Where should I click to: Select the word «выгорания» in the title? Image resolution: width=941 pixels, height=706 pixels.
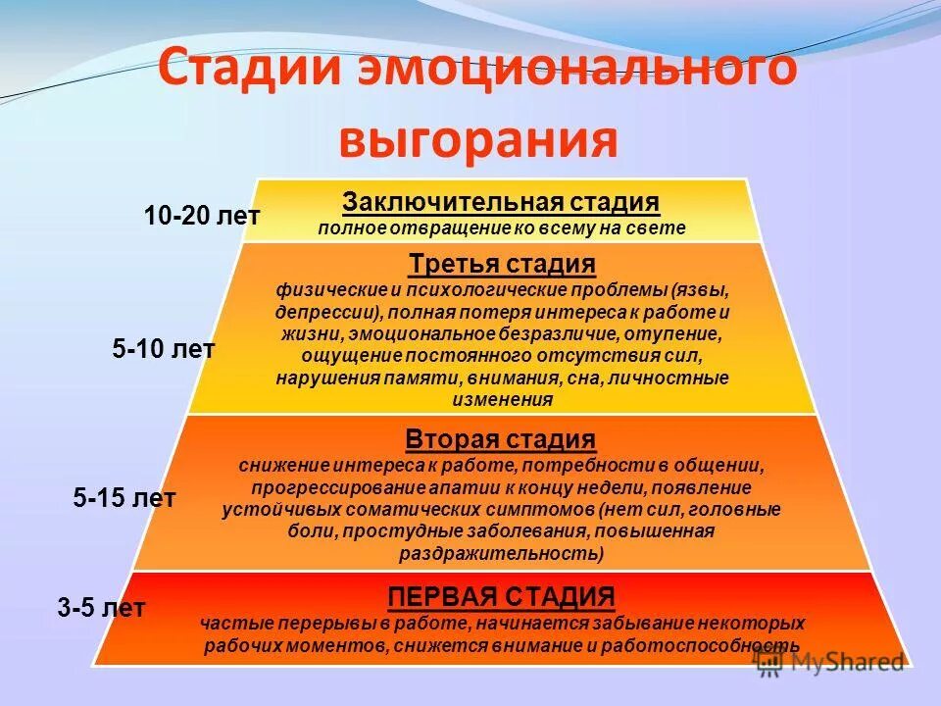click(x=478, y=139)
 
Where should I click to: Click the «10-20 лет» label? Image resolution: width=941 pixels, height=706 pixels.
click(x=202, y=216)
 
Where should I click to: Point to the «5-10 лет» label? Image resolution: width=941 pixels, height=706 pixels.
click(x=164, y=349)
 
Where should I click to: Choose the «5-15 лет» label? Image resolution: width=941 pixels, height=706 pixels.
click(x=124, y=498)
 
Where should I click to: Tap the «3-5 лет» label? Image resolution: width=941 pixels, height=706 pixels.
click(x=101, y=608)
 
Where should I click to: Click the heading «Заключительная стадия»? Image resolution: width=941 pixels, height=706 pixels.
click(x=501, y=203)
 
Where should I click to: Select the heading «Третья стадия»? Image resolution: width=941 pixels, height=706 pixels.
click(x=501, y=265)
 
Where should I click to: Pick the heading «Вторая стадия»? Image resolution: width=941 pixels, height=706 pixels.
click(x=501, y=438)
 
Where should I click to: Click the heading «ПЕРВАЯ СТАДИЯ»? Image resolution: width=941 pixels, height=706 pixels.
click(x=501, y=596)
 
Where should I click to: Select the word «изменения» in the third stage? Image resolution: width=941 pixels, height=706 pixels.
click(x=502, y=400)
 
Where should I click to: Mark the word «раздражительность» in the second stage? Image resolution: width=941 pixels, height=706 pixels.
click(x=497, y=553)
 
